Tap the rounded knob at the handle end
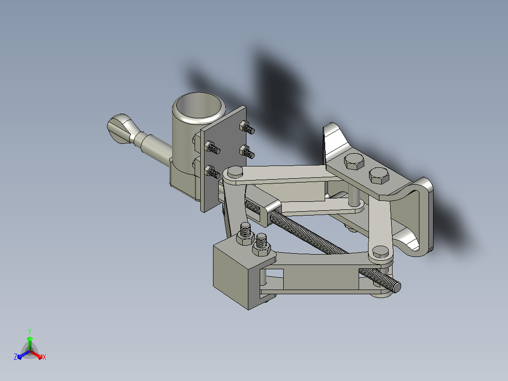point(121,128)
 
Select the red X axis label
point(44,357)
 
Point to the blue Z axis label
point(15,356)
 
